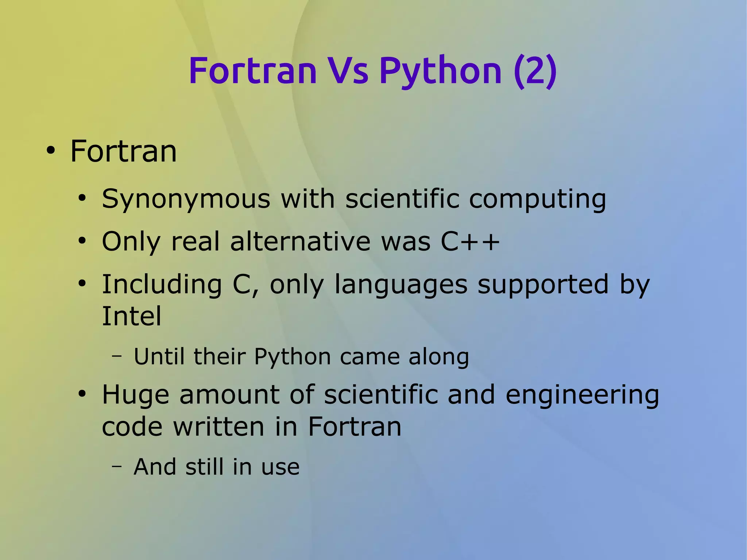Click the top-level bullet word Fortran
123,151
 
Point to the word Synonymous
186,200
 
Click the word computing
537,200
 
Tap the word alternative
300,242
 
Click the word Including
162,285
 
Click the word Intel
131,316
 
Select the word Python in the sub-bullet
292,357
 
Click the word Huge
135,395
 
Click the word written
218,427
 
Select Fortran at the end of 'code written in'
354,427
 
